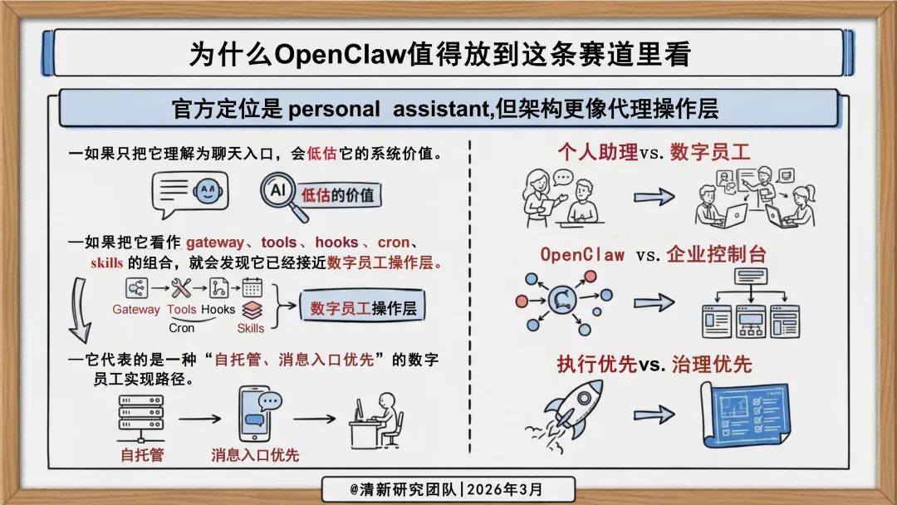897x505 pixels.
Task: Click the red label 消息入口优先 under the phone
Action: click(255, 455)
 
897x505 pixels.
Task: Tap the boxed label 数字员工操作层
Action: click(363, 309)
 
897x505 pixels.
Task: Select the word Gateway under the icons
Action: click(136, 310)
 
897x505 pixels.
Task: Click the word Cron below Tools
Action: click(181, 327)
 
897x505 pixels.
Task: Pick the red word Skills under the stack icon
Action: click(250, 327)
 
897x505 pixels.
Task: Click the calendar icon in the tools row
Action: click(252, 288)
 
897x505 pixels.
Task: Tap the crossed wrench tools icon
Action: click(181, 288)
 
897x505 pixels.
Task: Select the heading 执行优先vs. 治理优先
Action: click(654, 364)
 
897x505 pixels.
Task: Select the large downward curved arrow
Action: click(80, 311)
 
